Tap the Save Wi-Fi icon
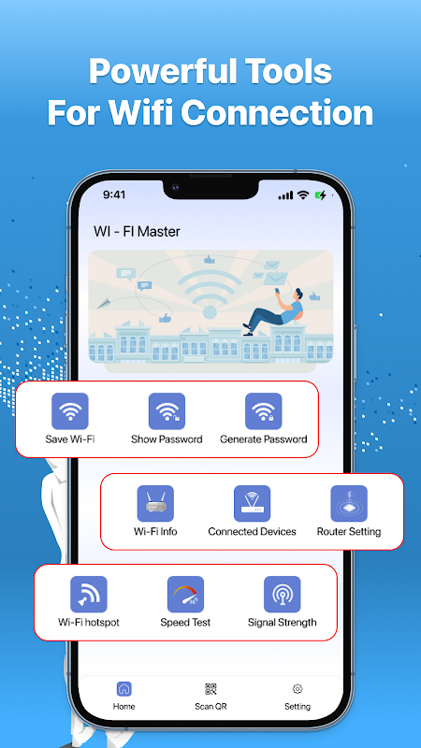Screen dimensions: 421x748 tap(70, 411)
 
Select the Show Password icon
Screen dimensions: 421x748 tap(167, 411)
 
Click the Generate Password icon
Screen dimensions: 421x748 tap(264, 411)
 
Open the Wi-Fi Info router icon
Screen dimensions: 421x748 tap(155, 504)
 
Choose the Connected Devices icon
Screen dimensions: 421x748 tap(252, 504)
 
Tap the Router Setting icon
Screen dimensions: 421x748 tap(349, 504)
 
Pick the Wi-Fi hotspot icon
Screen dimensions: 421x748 tap(89, 595)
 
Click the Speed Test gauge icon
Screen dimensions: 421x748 tap(185, 595)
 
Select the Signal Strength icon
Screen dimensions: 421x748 tap(283, 595)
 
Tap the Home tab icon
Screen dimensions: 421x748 tap(124, 689)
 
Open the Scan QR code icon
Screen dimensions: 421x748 tap(210, 689)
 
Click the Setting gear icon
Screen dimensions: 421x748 tap(298, 689)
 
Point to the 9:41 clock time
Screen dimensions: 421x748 tap(114, 194)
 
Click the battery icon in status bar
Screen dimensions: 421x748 tap(320, 194)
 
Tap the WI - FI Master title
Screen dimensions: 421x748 tap(137, 232)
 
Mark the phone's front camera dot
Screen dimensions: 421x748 tap(176, 187)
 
